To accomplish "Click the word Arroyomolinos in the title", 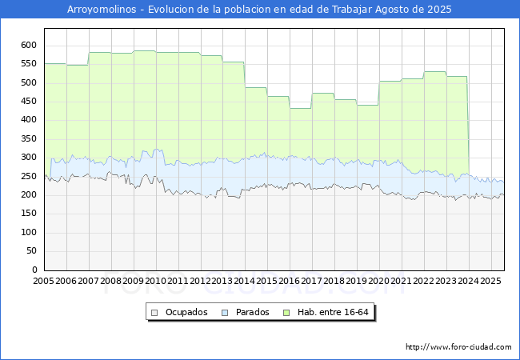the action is [102, 10].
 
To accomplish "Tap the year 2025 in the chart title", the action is [439, 10].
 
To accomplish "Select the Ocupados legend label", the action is [186, 312].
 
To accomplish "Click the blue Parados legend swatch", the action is [225, 313].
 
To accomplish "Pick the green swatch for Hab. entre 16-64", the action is [286, 313].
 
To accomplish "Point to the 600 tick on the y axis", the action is [29, 45].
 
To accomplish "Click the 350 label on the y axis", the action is [29, 138].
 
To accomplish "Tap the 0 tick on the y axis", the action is [34, 270].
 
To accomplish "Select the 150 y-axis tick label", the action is [29, 213].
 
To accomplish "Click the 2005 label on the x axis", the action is [43, 281].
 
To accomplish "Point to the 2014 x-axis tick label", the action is [245, 281].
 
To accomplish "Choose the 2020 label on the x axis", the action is [378, 281].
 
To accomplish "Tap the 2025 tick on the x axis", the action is [490, 281].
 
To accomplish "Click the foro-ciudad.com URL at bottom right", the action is [458, 346].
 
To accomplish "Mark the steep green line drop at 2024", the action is [468, 126].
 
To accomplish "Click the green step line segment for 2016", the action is [301, 108].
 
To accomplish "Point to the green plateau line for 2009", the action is [145, 50].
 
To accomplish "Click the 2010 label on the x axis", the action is [155, 281].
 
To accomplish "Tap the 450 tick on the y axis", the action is [29, 101].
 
